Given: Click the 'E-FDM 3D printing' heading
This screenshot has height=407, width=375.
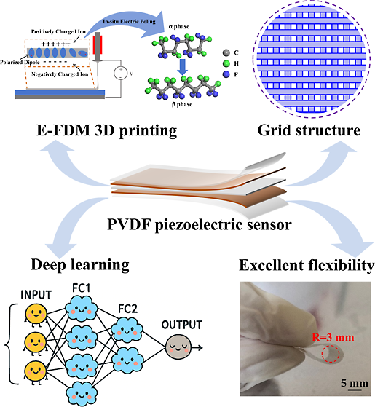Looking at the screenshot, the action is pyautogui.click(x=106, y=130).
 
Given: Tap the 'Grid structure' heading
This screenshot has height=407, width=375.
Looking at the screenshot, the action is pyautogui.click(x=309, y=130).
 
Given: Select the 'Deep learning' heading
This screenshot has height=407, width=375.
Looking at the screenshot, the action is pyautogui.click(x=80, y=265).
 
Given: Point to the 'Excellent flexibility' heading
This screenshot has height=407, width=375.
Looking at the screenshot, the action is pyautogui.click(x=307, y=265).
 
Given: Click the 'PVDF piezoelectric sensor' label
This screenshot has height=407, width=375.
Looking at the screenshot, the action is pyautogui.click(x=200, y=224).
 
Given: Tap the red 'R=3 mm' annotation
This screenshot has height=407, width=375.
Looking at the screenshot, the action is pyautogui.click(x=333, y=337).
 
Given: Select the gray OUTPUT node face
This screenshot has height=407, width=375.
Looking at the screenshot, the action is pyautogui.click(x=178, y=347).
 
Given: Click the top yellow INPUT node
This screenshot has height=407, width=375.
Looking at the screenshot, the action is pyautogui.click(x=36, y=315).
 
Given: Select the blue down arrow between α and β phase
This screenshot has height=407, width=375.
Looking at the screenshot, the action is pyautogui.click(x=183, y=67).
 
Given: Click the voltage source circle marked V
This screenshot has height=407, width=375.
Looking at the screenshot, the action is pyautogui.click(x=121, y=73).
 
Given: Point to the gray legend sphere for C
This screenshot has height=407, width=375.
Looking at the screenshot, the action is pyautogui.click(x=226, y=52).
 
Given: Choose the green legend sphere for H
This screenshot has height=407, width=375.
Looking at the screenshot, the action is pyautogui.click(x=226, y=63).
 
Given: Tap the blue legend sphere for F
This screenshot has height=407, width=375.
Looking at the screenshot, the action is pyautogui.click(x=226, y=74).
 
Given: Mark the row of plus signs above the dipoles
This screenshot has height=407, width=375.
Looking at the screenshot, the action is pyautogui.click(x=55, y=44).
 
